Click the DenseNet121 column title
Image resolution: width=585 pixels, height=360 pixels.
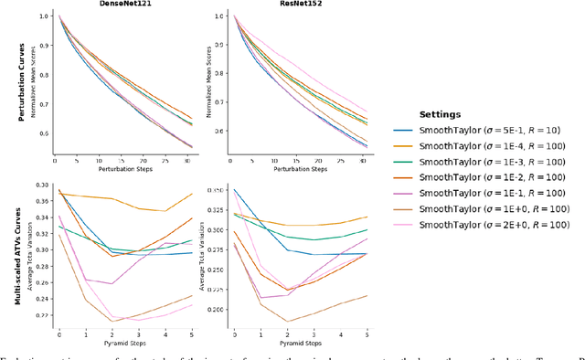[x=119, y=4]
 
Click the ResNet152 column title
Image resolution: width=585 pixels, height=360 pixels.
[x=294, y=4]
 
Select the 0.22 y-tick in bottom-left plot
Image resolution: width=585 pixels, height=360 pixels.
[x=41, y=315]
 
